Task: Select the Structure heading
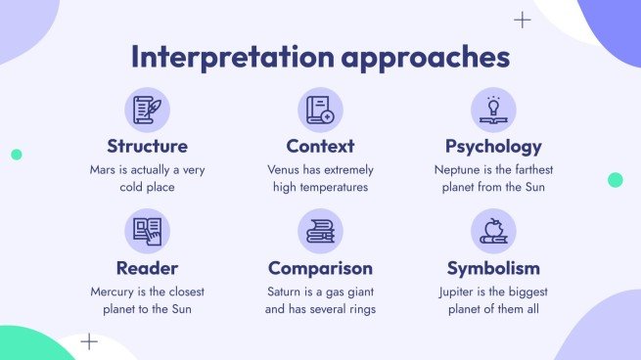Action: tap(147, 147)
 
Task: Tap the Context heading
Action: tap(320, 147)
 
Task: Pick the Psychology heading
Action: tap(493, 147)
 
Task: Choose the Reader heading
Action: tap(147, 268)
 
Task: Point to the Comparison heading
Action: tap(320, 268)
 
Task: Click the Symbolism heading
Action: tap(493, 268)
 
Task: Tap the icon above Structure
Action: tap(147, 110)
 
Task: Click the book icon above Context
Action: tap(320, 110)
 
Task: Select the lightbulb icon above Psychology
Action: tap(493, 110)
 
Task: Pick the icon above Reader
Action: tap(147, 231)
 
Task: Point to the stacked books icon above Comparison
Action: tap(320, 231)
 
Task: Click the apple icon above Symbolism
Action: tap(493, 231)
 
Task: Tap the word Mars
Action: tap(104, 169)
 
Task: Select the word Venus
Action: tap(286, 169)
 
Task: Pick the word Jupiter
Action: tap(461, 292)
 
